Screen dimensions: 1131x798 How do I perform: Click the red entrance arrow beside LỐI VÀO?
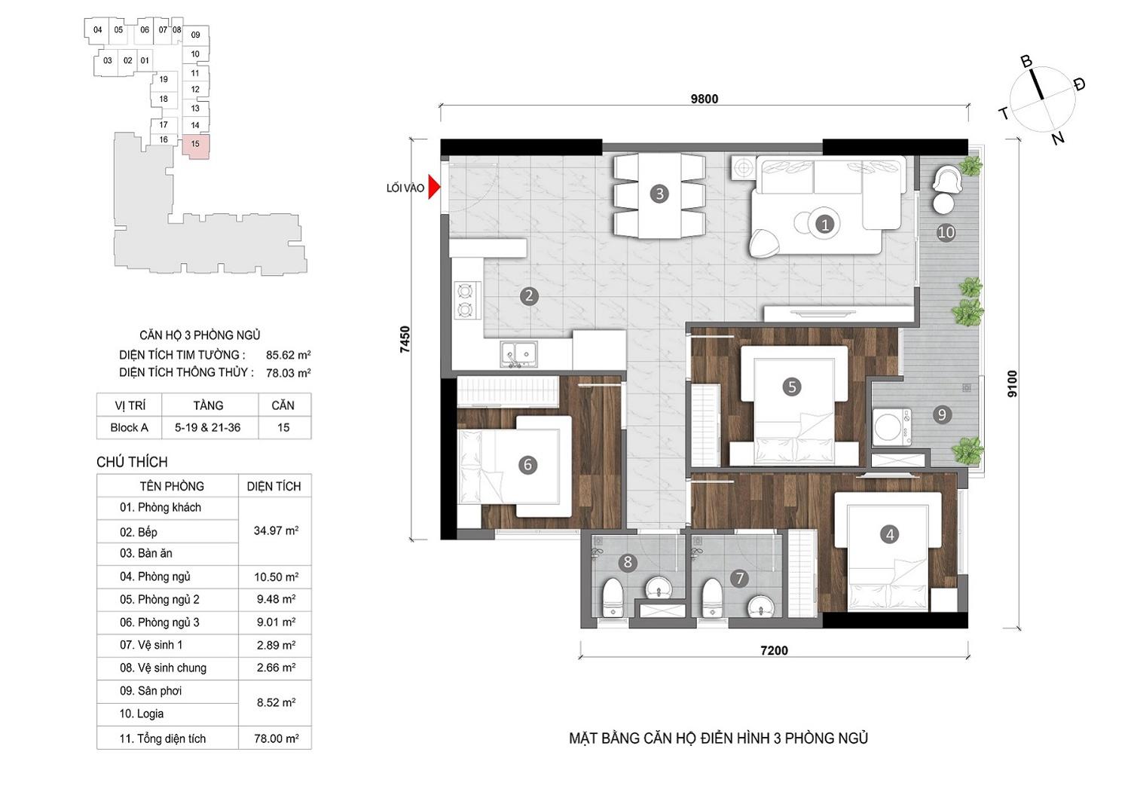[x=434, y=188]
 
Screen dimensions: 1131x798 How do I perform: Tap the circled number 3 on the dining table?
[x=659, y=194]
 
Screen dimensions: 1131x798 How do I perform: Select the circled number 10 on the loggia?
[x=946, y=232]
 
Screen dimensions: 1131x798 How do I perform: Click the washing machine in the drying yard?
[x=892, y=427]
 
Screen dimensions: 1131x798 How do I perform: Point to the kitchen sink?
[x=518, y=353]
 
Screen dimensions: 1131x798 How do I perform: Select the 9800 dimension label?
[x=705, y=99]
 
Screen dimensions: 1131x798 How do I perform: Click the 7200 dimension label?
[x=774, y=650]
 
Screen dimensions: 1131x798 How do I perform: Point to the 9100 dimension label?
[x=1013, y=384]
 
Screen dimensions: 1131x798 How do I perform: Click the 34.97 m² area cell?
[x=276, y=530]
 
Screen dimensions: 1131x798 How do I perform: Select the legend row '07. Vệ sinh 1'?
[x=151, y=645]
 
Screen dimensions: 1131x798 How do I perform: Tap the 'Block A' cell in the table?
[x=130, y=427]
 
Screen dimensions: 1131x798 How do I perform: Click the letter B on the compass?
[x=1026, y=62]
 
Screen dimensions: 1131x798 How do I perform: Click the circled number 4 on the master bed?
[x=889, y=534]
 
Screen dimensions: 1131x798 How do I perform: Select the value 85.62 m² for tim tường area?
[x=289, y=355]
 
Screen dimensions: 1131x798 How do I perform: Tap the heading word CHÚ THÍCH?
[x=132, y=462]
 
